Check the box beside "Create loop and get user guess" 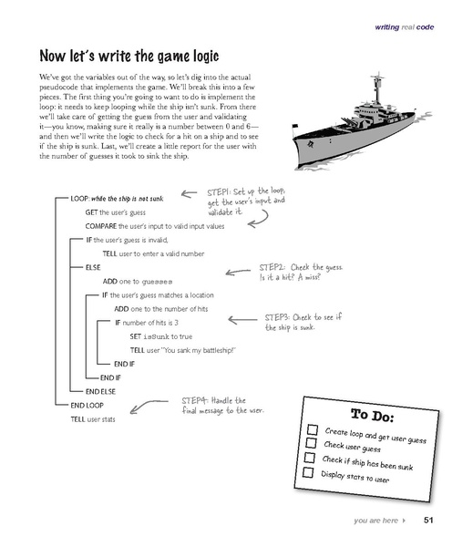click(x=313, y=428)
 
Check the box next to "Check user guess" click(x=312, y=443)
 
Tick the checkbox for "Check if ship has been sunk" click(x=310, y=458)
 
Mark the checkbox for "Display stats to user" click(x=308, y=473)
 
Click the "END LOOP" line click(x=89, y=404)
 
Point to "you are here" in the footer click(x=375, y=521)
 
